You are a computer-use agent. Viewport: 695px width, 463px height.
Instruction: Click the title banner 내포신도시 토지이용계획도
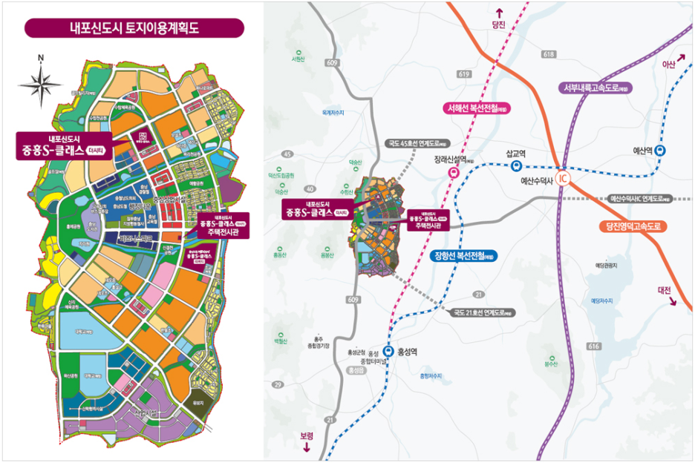(x=134, y=29)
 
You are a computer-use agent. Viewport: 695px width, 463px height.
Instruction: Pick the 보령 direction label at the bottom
(x=307, y=436)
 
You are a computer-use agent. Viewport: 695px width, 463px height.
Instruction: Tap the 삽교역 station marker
(x=515, y=167)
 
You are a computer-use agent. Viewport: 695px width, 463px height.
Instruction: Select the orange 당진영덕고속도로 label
(x=633, y=226)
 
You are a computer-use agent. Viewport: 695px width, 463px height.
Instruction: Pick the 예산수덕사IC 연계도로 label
(x=639, y=199)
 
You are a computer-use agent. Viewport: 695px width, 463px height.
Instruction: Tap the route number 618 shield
(x=549, y=54)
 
